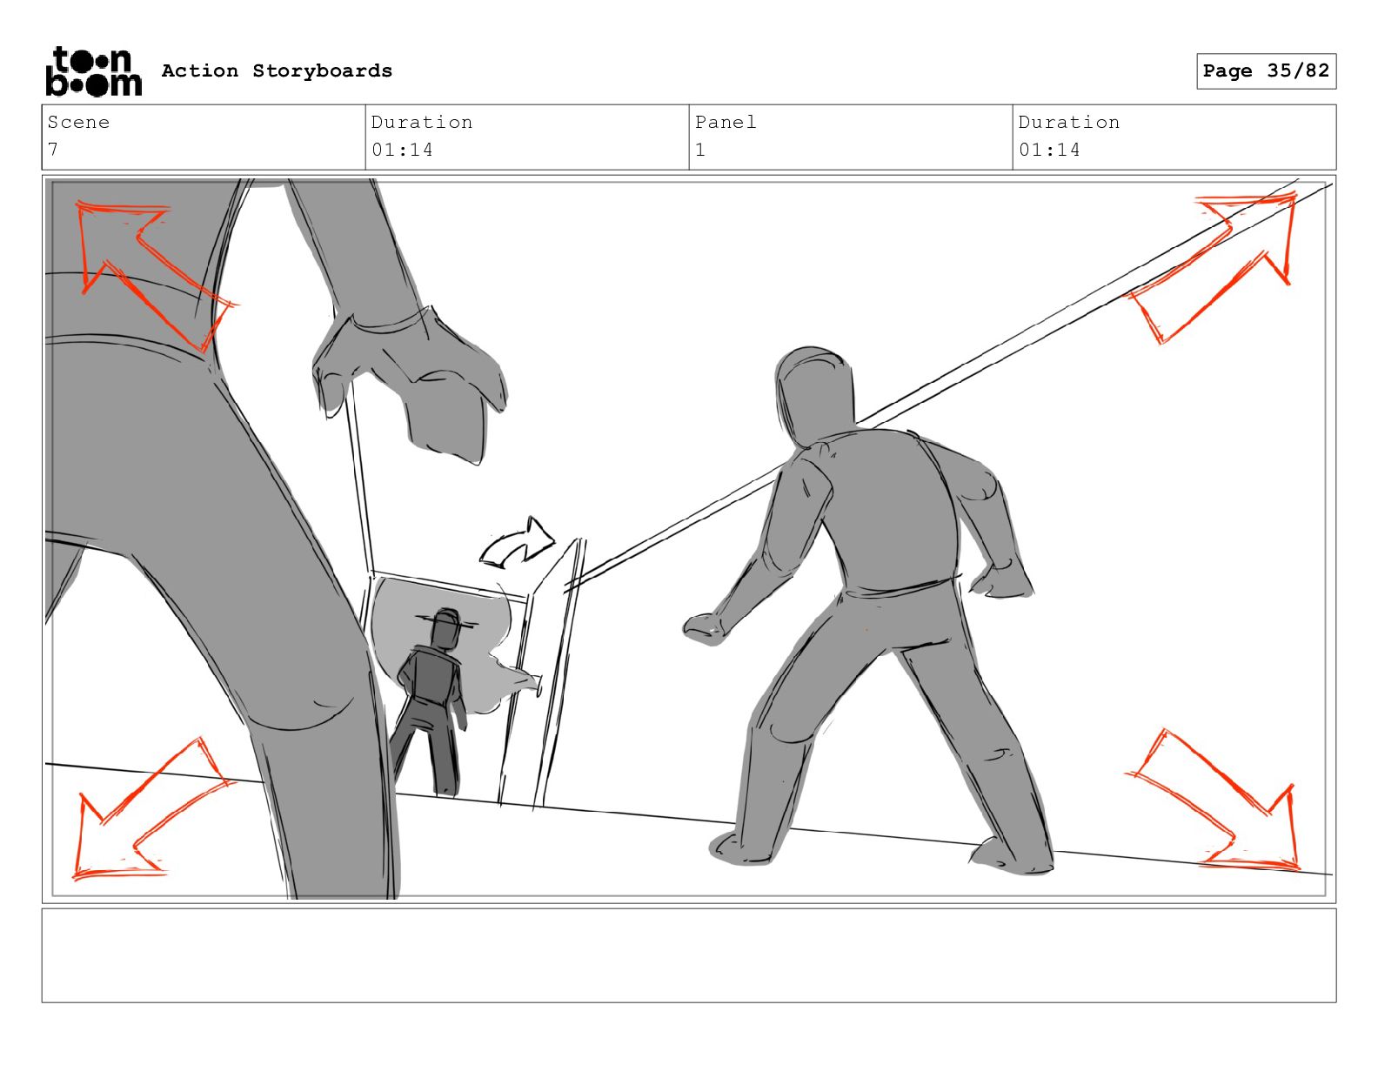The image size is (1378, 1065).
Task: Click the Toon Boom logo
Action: [x=94, y=71]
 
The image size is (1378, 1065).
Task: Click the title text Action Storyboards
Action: [x=278, y=70]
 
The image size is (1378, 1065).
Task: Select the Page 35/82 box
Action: [x=1266, y=71]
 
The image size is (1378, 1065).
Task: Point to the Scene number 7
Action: [x=53, y=150]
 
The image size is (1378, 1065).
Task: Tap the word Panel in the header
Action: [x=726, y=122]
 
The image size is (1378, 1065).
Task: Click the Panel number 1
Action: [x=700, y=150]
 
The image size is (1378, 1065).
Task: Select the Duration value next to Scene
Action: [x=402, y=150]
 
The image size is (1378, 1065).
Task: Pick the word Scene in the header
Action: [x=78, y=122]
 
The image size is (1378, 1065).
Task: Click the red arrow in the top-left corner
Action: [x=152, y=272]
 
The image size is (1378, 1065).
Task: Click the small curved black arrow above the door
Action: [x=517, y=544]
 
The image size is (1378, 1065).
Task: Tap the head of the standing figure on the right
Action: [x=814, y=394]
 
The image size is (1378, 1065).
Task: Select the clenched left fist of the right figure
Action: [x=704, y=628]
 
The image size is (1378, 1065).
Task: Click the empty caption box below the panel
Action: [x=689, y=955]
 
